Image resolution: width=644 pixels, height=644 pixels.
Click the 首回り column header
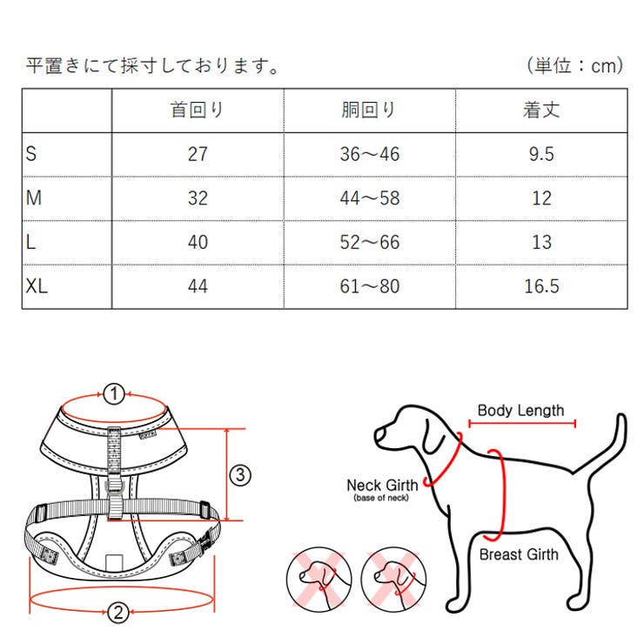point(198,111)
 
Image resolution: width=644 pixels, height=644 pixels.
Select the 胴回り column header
point(369,111)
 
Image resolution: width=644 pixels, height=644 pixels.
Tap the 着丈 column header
point(540,111)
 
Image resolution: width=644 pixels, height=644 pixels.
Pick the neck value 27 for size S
point(198,155)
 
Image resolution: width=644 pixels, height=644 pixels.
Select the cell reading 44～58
point(369,198)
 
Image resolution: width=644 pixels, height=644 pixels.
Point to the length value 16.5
point(541,285)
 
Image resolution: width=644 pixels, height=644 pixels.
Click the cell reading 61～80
point(369,285)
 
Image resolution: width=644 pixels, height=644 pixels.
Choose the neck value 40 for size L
point(198,242)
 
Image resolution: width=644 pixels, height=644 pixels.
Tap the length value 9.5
point(541,155)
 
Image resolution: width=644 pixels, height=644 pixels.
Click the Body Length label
point(520,411)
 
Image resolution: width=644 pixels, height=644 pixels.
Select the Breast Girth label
point(519,554)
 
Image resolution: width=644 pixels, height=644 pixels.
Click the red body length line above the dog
point(521,424)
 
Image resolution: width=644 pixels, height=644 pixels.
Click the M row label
point(34,198)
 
